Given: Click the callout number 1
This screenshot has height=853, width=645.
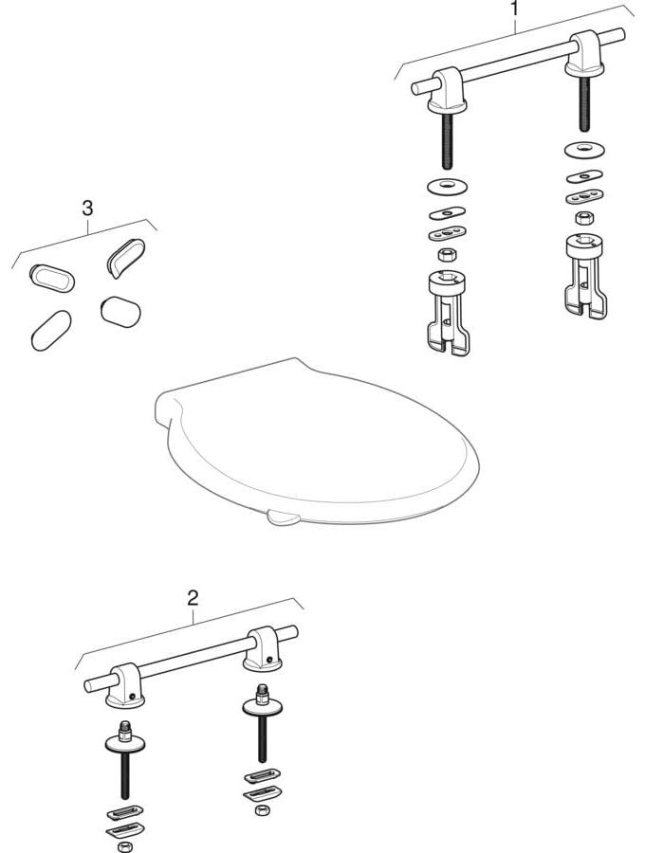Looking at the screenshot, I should click(514, 10).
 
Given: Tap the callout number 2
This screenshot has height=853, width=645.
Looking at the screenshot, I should click(193, 597).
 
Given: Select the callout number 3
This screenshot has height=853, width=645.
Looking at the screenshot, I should click(87, 208).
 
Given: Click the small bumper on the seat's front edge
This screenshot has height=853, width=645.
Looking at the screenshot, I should click(283, 517).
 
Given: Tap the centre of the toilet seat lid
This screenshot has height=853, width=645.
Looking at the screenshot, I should click(318, 441).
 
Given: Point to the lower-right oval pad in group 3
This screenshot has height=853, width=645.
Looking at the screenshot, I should click(120, 309).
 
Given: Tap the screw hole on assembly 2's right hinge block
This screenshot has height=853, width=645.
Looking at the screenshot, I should click(270, 661).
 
